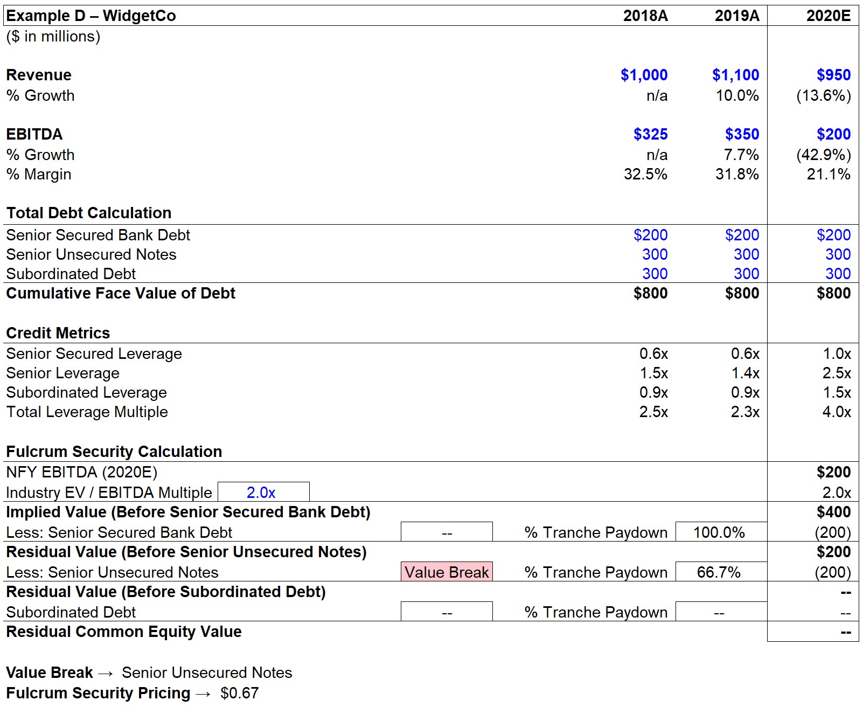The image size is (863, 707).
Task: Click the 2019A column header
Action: (x=736, y=16)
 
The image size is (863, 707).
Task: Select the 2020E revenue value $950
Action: (x=833, y=75)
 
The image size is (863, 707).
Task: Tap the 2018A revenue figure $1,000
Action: (x=644, y=75)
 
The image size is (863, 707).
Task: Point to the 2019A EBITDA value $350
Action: (x=742, y=134)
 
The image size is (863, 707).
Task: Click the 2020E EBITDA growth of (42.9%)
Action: (x=823, y=155)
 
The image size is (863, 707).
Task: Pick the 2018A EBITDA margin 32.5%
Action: (x=645, y=174)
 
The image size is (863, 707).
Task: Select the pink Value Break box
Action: (x=447, y=572)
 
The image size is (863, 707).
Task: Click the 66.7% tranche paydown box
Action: (x=721, y=572)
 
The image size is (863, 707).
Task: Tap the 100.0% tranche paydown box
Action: (x=721, y=532)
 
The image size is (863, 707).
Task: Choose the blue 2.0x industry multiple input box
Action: (x=263, y=491)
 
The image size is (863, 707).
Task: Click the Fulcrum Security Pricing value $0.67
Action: (x=239, y=692)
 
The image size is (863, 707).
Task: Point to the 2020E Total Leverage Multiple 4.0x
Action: (x=837, y=411)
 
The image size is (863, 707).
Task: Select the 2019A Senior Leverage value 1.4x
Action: (x=745, y=373)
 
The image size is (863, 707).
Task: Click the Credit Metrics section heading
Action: (x=58, y=333)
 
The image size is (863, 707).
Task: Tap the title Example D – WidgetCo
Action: (x=91, y=16)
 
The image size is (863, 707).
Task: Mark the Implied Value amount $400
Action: (x=833, y=512)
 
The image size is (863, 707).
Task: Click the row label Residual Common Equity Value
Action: (x=123, y=632)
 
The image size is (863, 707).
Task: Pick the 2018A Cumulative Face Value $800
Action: (x=650, y=293)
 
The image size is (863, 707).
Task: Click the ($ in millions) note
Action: (x=53, y=37)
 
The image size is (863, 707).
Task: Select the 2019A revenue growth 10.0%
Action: (x=737, y=95)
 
